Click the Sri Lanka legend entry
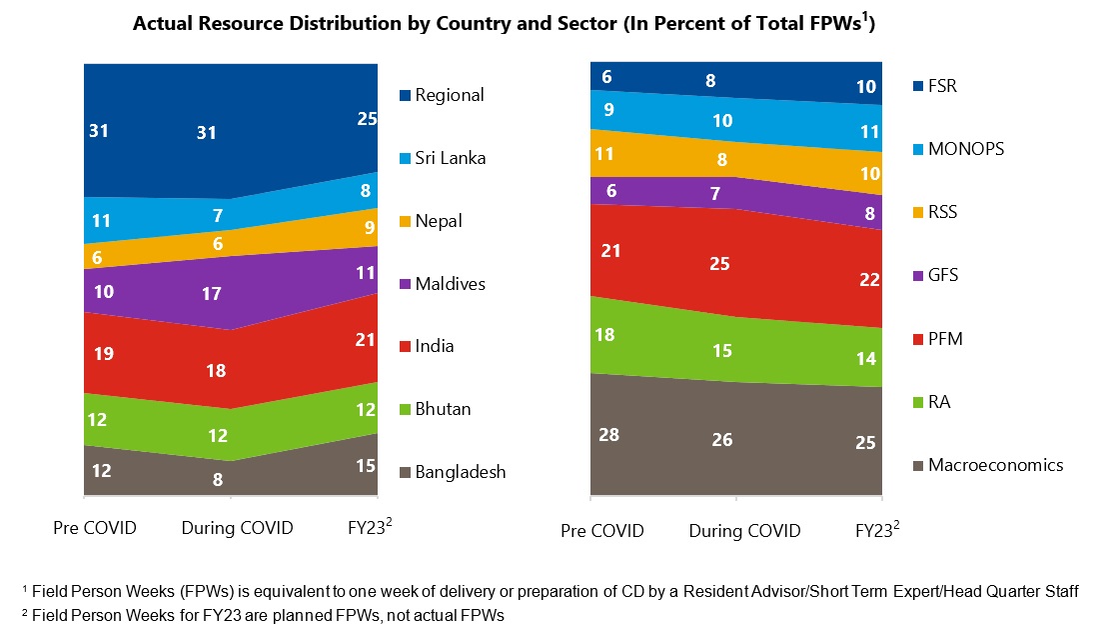tap(450, 158)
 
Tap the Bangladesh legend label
tap(460, 472)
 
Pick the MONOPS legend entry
tap(965, 149)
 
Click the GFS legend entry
tap(942, 275)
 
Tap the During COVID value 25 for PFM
tap(719, 264)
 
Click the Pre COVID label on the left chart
tap(94, 527)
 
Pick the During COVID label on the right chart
tap(744, 530)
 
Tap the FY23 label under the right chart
tap(877, 530)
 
